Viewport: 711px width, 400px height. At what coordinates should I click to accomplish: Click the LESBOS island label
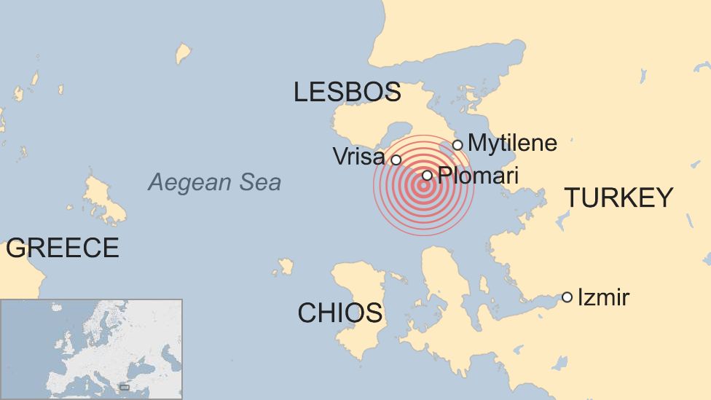tap(347, 92)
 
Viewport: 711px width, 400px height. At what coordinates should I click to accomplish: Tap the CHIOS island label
tap(339, 313)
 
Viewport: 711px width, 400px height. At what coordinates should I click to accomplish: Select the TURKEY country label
tap(618, 197)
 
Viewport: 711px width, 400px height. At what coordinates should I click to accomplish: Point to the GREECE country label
tap(62, 248)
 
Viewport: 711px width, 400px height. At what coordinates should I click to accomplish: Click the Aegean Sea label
tap(214, 182)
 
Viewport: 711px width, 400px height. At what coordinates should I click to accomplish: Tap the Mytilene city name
tap(512, 143)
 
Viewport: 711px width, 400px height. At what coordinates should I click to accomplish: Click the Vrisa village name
tap(358, 156)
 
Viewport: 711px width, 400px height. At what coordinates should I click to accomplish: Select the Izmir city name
tap(603, 297)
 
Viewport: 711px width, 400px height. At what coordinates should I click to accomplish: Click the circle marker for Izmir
tap(567, 297)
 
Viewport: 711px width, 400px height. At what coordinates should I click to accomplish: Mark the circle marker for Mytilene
tap(457, 144)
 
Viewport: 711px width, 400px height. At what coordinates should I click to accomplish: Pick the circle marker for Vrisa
tap(396, 160)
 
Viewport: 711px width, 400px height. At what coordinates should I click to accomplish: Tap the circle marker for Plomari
tap(428, 175)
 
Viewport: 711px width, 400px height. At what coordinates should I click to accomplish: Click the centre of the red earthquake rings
tap(423, 185)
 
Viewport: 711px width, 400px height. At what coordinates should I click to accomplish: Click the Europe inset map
tap(91, 348)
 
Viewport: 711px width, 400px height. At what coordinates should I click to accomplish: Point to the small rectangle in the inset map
tap(124, 387)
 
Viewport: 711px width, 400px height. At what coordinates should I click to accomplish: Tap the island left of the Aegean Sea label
tap(103, 200)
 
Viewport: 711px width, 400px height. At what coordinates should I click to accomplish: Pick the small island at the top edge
tap(183, 53)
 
